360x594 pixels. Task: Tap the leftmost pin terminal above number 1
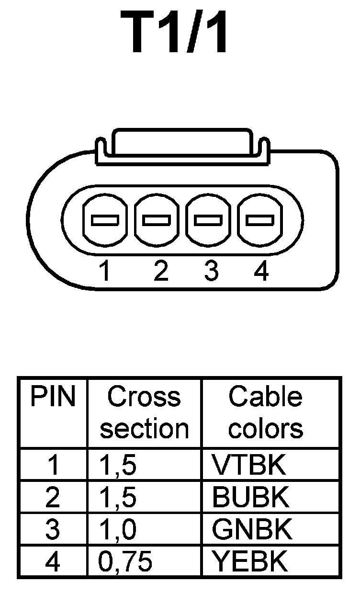coord(105,220)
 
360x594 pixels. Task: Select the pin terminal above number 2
coord(157,220)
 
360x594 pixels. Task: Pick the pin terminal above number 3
coord(208,220)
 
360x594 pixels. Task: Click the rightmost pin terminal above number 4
coord(260,220)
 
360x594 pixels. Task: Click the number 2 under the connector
coord(161,272)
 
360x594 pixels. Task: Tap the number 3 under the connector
coord(211,272)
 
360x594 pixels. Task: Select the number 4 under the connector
coord(261,272)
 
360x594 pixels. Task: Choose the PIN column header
coord(53,398)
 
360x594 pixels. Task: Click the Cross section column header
coord(144,412)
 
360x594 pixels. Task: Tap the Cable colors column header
coord(266,412)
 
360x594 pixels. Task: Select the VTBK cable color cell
coord(249,465)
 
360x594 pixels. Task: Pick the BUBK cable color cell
coord(251,498)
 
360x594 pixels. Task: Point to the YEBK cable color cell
coord(250,561)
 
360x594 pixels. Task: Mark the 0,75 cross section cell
coord(125,561)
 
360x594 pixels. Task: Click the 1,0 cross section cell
coord(118,529)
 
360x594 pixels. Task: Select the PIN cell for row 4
coord(53,561)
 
